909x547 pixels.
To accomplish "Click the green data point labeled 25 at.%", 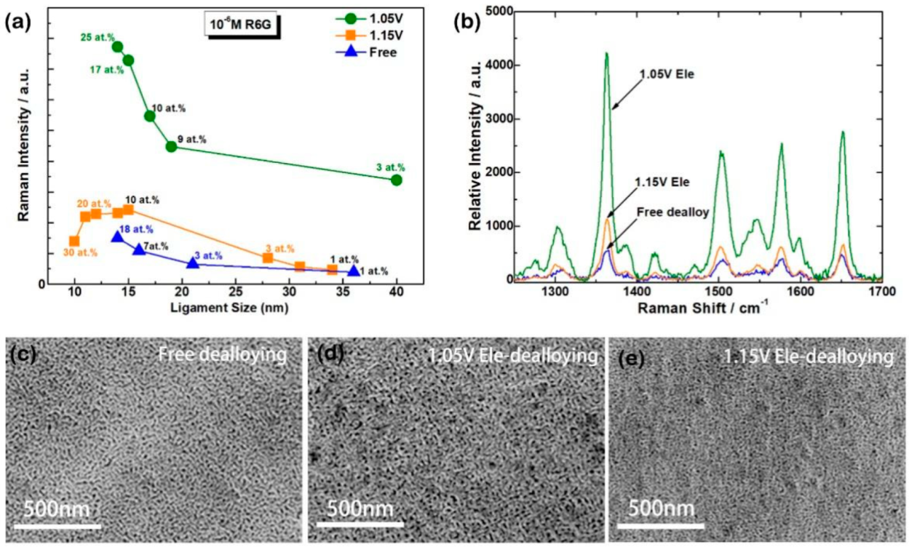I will (117, 47).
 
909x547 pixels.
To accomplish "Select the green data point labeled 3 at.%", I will (397, 180).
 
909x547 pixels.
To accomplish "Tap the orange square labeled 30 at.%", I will (74, 241).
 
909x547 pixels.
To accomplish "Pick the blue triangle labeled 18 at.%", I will (117, 237).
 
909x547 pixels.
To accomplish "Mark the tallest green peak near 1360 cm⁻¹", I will (606, 54).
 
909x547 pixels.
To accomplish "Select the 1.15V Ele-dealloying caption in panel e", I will (808, 357).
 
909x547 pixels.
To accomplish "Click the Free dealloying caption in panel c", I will (223, 356).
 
